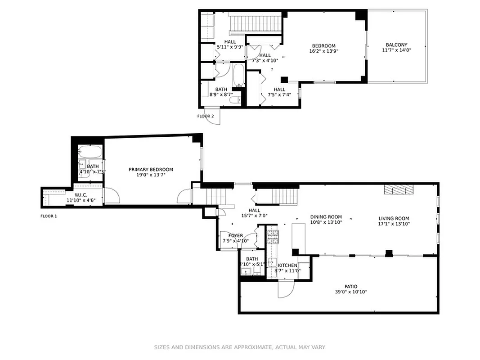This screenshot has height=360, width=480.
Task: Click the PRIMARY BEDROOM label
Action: (x=151, y=170)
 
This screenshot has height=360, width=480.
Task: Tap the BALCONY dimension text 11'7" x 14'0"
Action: (x=396, y=50)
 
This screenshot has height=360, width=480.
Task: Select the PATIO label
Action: (x=351, y=286)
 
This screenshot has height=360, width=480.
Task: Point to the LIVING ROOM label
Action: (x=394, y=218)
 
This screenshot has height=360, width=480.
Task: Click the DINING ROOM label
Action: (x=326, y=217)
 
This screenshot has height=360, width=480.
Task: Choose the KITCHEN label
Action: (x=287, y=265)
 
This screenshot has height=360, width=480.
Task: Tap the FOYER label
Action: (x=236, y=235)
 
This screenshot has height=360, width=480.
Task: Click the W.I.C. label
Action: (x=81, y=195)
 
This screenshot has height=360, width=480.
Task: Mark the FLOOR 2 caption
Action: (x=206, y=116)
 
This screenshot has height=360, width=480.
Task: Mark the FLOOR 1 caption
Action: (x=49, y=216)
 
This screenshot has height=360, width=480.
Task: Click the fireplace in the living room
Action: (x=398, y=190)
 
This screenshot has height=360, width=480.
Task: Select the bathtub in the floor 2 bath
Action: (x=238, y=76)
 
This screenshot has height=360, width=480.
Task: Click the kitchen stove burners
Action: (x=273, y=234)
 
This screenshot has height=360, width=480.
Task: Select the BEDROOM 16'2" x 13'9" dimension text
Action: (x=324, y=51)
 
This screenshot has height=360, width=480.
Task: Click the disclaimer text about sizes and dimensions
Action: (x=240, y=347)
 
